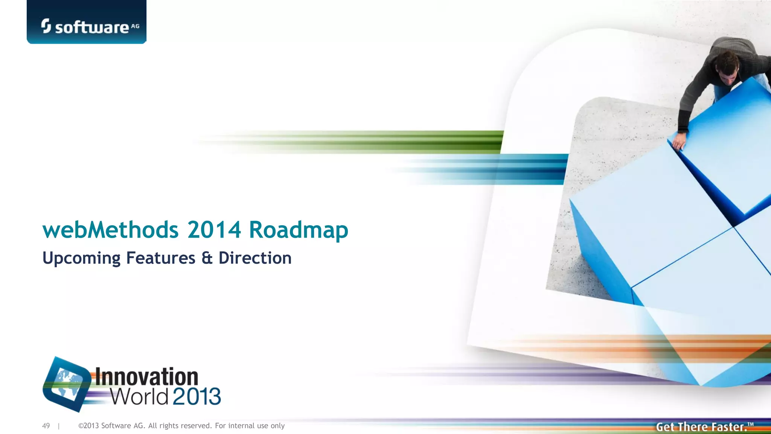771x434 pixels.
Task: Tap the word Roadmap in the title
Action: (x=298, y=230)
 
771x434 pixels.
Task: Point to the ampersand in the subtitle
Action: (x=207, y=258)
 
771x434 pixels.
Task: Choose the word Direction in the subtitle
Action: (x=255, y=258)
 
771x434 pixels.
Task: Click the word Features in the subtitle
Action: (x=161, y=258)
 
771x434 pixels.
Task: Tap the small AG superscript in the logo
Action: (x=135, y=26)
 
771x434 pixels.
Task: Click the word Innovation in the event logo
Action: (x=146, y=377)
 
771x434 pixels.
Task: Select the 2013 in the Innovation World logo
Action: (x=197, y=396)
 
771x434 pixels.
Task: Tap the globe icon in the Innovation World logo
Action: (x=67, y=384)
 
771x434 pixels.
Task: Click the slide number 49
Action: (x=46, y=426)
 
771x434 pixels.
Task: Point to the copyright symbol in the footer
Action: (x=81, y=426)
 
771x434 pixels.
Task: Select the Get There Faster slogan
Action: (x=704, y=427)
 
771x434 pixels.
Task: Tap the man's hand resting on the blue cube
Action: (x=678, y=142)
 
